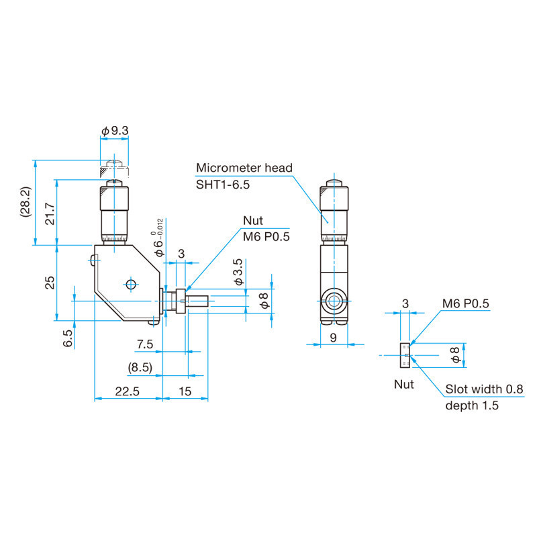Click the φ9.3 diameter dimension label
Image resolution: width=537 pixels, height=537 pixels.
115,130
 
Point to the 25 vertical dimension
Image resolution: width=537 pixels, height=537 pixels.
48,283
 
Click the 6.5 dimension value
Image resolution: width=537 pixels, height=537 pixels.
67,338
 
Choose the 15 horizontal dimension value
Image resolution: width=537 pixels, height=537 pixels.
185,391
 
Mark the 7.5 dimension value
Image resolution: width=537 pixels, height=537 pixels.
145,344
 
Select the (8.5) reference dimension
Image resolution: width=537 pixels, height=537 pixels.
140,368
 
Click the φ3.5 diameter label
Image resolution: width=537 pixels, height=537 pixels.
238,272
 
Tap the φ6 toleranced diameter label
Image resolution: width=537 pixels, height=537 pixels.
159,238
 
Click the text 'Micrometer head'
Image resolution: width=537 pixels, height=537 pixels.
244,168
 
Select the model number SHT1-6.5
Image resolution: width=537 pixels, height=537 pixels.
223,185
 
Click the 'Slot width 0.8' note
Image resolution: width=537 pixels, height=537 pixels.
484,389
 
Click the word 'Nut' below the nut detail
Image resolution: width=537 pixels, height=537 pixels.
404,385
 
